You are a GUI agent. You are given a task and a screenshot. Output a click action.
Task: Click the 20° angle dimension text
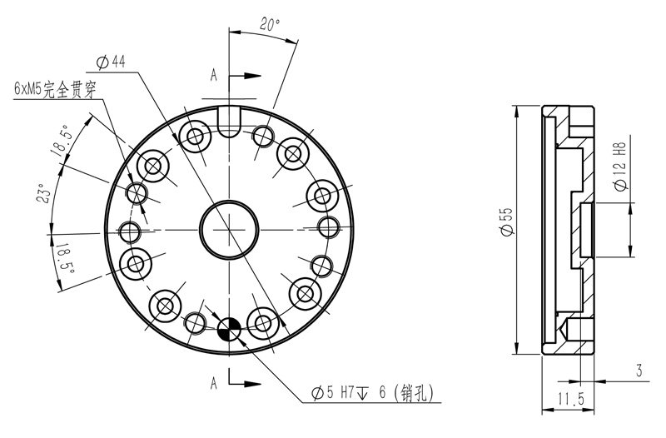(x=268, y=24)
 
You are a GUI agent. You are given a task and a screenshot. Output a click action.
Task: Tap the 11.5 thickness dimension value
(x=569, y=401)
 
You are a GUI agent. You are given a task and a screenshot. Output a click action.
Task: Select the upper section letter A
(x=214, y=76)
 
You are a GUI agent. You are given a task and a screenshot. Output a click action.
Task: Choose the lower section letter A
(x=214, y=383)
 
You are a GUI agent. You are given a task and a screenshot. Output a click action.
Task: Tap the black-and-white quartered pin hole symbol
(x=229, y=331)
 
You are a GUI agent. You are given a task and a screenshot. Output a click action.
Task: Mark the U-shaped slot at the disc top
(x=228, y=116)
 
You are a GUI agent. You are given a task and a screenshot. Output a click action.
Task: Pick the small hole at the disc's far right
(x=328, y=226)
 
